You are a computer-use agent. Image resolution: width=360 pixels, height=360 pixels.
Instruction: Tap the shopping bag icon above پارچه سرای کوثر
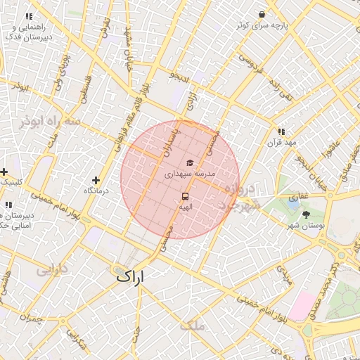pos(262,14)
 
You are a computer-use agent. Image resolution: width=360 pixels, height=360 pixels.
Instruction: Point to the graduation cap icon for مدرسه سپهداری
pos(190,162)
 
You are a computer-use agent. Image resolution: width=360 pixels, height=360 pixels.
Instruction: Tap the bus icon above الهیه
pos(186,196)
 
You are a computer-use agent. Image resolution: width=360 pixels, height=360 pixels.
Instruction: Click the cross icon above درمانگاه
pos(96,181)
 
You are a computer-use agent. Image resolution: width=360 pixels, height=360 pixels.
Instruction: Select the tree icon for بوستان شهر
pos(305,214)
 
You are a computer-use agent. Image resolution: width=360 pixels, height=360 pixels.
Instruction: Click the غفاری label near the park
pos(300,196)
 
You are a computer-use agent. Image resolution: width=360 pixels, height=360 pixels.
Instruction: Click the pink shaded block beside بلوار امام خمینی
pos(304,304)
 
